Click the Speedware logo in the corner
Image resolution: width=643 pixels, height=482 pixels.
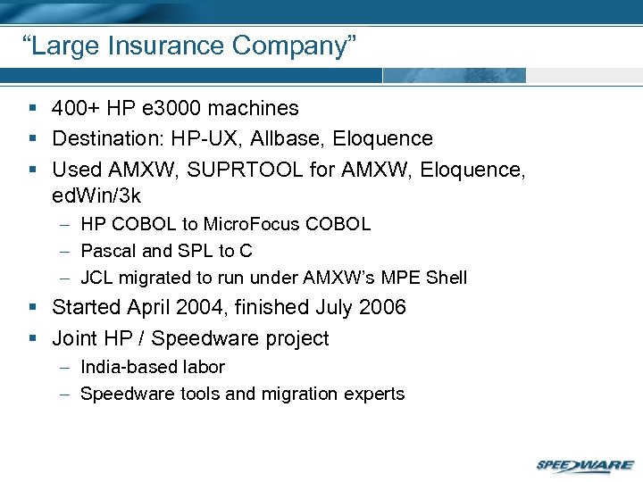coord(584,465)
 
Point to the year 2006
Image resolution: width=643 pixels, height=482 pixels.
coord(381,308)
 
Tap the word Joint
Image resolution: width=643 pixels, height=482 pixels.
coord(76,339)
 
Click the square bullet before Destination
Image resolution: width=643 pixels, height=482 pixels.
coord(32,139)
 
